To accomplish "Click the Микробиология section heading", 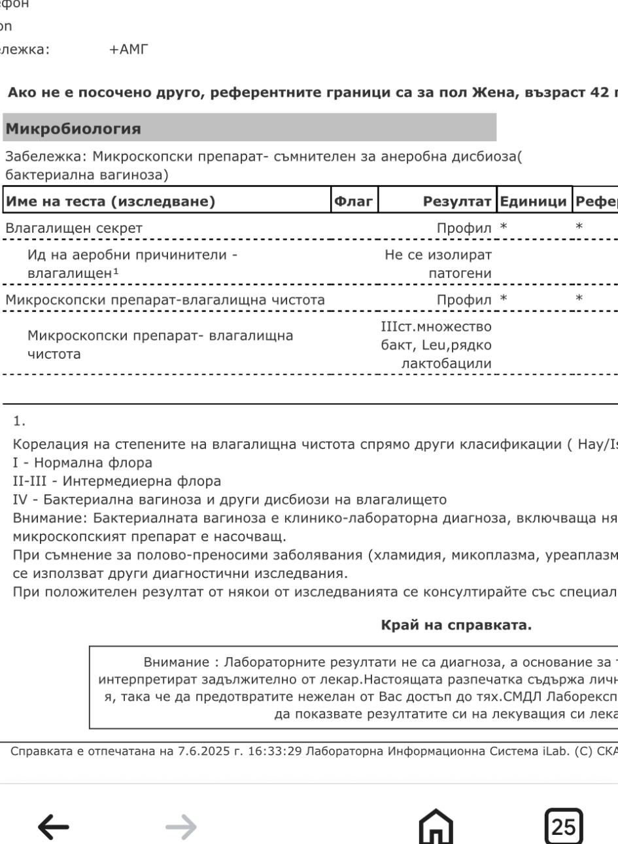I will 73,129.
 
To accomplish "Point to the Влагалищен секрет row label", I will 74,228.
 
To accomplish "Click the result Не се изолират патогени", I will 438,263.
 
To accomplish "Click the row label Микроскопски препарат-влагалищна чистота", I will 165,300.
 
